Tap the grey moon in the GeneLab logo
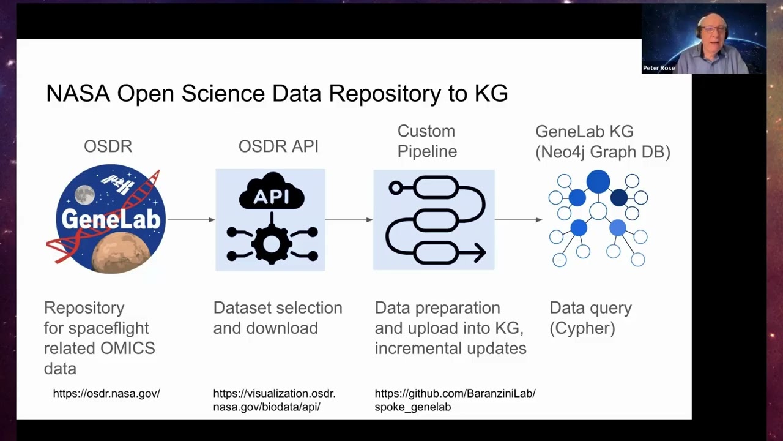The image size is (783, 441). coord(84,195)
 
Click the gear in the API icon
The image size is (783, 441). coord(272,244)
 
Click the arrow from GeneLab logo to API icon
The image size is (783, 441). coord(191,219)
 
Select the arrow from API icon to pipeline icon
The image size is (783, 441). coord(349,219)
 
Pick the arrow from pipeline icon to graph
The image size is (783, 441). coord(518,219)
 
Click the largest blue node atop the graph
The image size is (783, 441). coord(598,182)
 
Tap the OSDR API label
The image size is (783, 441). coord(278,146)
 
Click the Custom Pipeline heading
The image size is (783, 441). coord(427,141)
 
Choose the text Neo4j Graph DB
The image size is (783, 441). coord(603,151)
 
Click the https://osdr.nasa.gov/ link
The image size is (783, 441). coord(106,393)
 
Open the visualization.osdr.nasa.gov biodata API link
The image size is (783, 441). coord(274,400)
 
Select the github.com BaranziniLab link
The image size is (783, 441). coord(455,400)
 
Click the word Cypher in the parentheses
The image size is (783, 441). coord(582,328)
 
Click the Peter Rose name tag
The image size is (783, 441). coord(659,68)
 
